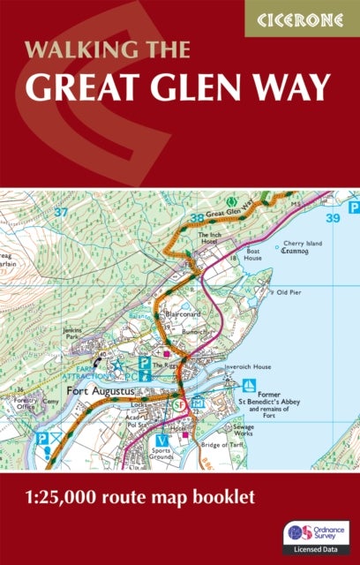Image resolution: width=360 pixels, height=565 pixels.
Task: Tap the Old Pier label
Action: tap(290, 290)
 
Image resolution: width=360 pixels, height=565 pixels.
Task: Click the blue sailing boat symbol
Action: tap(250, 385)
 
